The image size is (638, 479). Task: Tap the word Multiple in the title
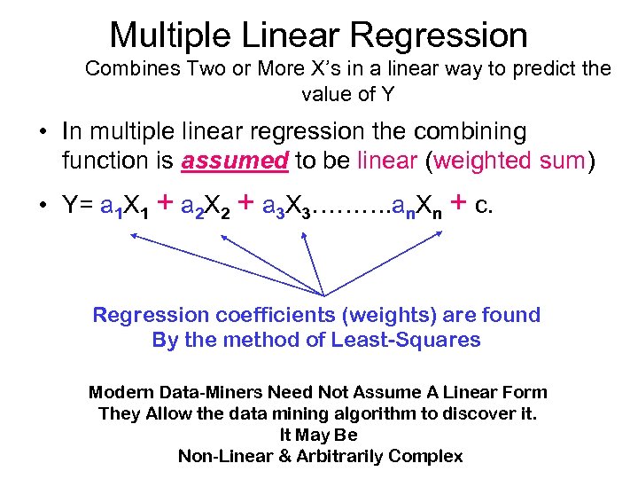coord(162,35)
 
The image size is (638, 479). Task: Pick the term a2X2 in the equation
coord(206,208)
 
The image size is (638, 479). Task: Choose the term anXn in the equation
coord(416,208)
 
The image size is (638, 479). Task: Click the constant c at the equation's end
coord(483,207)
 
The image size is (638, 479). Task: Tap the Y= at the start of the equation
coord(76,207)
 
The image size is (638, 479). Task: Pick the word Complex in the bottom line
coord(429,456)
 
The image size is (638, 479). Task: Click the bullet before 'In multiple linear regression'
coord(43,133)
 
